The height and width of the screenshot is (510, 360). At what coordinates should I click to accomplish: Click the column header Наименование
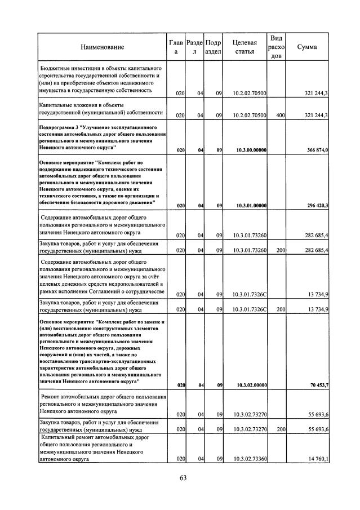point(102,47)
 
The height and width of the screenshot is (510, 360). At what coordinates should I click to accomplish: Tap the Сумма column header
point(306,47)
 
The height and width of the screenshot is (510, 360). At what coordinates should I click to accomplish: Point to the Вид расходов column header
point(276,47)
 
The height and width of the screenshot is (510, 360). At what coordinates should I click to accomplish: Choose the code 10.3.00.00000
point(248,150)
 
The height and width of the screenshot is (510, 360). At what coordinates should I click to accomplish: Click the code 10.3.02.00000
point(248,385)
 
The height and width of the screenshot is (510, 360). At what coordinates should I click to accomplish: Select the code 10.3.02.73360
point(248,460)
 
